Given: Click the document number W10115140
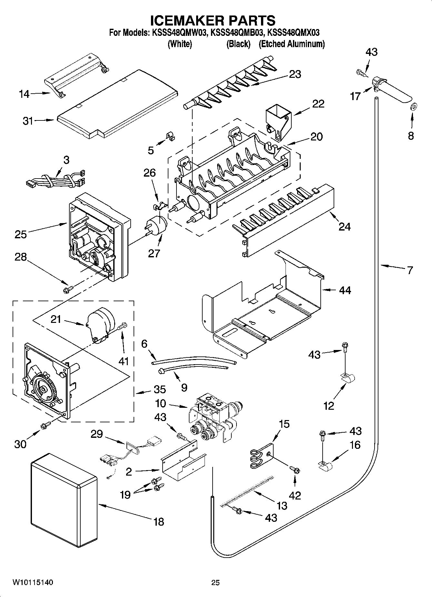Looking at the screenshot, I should point(33,582).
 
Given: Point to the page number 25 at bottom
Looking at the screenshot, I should point(216,582).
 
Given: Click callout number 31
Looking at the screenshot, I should point(28,121).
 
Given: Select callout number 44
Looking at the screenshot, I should point(345,290).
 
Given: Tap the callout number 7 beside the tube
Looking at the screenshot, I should point(409,270).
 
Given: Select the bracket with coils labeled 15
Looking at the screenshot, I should point(262,455).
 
